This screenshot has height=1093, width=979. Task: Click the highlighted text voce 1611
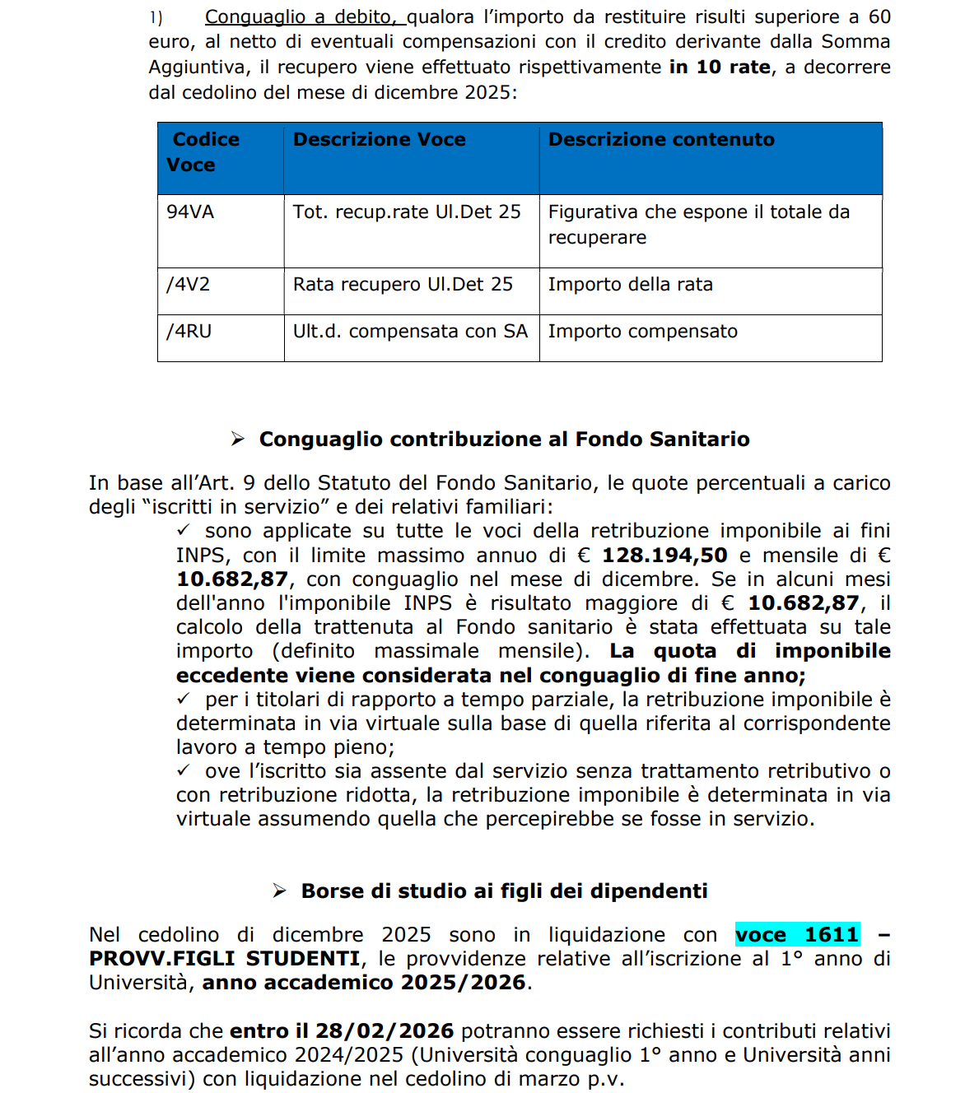pos(797,935)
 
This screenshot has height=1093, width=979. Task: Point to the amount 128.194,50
pos(664,556)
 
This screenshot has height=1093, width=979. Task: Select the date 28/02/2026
pos(385,1031)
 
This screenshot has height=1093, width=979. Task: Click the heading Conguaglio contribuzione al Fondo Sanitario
pos(504,440)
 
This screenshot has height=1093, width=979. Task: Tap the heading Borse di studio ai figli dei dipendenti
pos(504,891)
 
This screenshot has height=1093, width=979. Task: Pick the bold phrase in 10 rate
pos(720,67)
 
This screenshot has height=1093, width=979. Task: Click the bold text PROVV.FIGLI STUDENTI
pos(225,959)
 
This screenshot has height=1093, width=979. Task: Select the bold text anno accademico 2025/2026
pos(364,983)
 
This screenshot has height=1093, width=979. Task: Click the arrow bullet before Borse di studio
pos(280,891)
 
